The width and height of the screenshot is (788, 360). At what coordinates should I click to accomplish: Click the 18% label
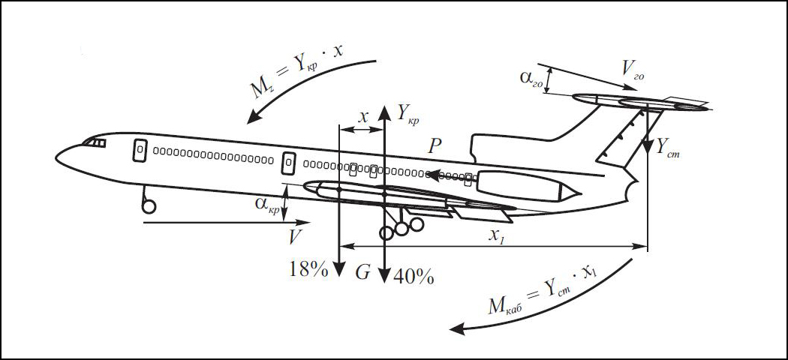click(x=308, y=270)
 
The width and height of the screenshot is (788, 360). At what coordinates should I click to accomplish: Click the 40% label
click(x=414, y=277)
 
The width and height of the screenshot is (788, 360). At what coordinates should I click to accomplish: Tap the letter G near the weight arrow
click(x=362, y=272)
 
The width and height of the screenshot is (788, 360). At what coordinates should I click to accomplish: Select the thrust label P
click(x=435, y=146)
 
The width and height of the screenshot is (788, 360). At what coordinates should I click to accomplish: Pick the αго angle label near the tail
click(x=532, y=78)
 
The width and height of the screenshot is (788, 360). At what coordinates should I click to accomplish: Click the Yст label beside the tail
click(x=668, y=147)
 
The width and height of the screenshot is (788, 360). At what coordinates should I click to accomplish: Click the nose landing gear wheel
click(x=149, y=205)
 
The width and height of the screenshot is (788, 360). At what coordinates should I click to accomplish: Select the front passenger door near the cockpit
click(x=140, y=150)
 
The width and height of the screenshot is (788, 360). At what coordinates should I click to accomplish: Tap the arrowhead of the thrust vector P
click(x=432, y=175)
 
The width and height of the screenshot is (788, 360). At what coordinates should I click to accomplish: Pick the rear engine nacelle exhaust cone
click(x=571, y=190)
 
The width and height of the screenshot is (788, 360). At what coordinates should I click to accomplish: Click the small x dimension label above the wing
click(x=363, y=118)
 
